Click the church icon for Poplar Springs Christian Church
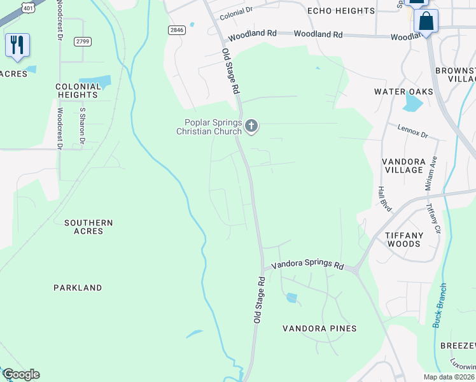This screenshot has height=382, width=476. click(x=251, y=126)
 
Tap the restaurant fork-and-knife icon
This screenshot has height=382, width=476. click(x=17, y=44)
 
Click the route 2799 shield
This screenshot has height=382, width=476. click(x=81, y=41)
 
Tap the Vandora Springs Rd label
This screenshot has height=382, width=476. click(x=307, y=265)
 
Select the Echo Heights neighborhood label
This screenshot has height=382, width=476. click(x=340, y=11)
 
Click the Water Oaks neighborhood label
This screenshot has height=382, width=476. click(x=403, y=92)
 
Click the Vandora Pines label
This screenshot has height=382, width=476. click(x=320, y=329)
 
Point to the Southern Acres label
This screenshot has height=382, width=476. click(x=88, y=227)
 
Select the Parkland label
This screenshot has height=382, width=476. click(x=78, y=288)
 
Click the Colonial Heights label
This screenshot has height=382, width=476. click(x=77, y=90)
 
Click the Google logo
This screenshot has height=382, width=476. click(x=21, y=374)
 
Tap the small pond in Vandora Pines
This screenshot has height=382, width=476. click(x=291, y=297)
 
